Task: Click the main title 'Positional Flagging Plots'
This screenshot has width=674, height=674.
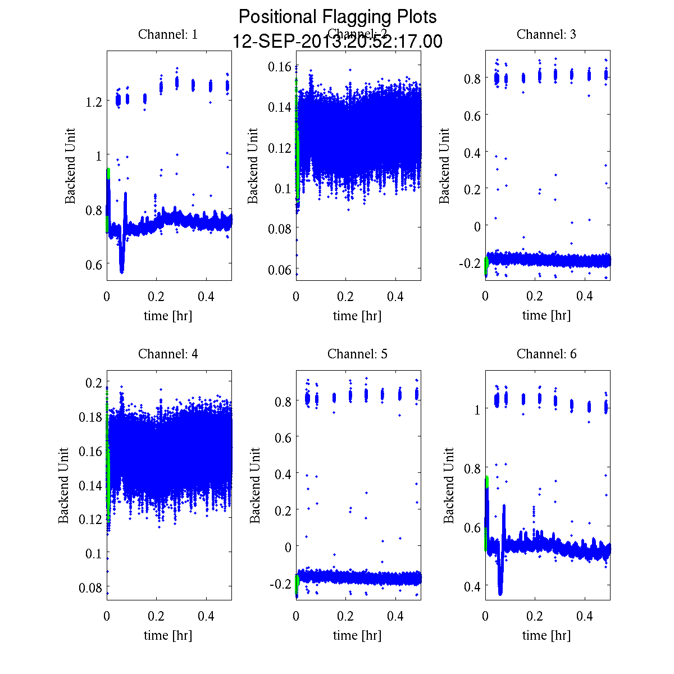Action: click(x=337, y=17)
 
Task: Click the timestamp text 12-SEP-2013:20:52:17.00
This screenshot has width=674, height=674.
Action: click(x=337, y=42)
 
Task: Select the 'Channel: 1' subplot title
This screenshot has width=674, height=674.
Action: click(x=168, y=34)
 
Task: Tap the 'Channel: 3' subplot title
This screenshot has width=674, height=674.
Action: click(x=546, y=34)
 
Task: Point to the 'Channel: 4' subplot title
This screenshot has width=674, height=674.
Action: click(x=168, y=354)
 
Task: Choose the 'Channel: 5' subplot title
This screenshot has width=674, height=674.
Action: click(x=357, y=354)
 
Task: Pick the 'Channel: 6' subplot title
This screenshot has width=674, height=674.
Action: click(x=546, y=354)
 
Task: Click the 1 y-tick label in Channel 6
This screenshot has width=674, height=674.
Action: click(x=477, y=409)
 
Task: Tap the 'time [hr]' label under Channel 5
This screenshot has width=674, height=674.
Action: click(x=357, y=635)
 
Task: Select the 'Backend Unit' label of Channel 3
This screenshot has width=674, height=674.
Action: click(x=444, y=166)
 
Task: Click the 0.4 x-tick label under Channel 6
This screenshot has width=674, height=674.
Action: click(x=585, y=616)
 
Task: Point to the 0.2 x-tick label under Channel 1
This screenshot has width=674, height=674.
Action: click(x=157, y=297)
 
